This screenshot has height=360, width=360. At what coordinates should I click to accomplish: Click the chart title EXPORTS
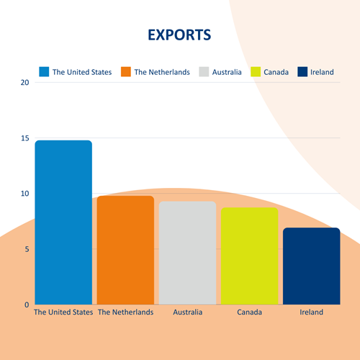click(179, 35)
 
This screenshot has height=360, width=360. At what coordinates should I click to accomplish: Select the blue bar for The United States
click(63, 222)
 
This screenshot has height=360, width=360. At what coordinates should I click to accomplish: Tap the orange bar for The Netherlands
click(125, 250)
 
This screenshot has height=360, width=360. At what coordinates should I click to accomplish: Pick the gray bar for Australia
click(187, 253)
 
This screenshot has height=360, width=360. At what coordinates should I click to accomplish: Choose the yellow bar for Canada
click(250, 256)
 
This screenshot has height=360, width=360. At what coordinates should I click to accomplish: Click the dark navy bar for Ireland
click(312, 266)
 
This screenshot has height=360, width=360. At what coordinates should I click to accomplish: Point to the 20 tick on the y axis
click(24, 83)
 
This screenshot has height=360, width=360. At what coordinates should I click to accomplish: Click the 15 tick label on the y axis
click(24, 138)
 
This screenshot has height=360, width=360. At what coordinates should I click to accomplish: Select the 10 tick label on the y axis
click(24, 194)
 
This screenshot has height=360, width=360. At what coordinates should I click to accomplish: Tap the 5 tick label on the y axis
click(27, 249)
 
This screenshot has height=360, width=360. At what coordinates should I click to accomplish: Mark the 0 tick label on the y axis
click(27, 305)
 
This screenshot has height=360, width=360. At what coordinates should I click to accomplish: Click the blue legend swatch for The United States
click(44, 72)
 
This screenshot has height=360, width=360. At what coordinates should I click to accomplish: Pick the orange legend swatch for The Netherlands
click(126, 72)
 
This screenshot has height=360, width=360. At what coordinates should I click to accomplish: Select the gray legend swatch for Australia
click(204, 72)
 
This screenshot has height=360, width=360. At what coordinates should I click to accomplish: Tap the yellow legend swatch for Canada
click(256, 72)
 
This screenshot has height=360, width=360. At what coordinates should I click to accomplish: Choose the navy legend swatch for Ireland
click(302, 72)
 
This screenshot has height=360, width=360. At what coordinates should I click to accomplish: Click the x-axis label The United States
click(63, 312)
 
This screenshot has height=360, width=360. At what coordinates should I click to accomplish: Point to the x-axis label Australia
click(188, 312)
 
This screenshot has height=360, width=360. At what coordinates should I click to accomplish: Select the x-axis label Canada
click(250, 312)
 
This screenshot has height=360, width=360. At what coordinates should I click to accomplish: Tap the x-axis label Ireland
click(312, 312)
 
